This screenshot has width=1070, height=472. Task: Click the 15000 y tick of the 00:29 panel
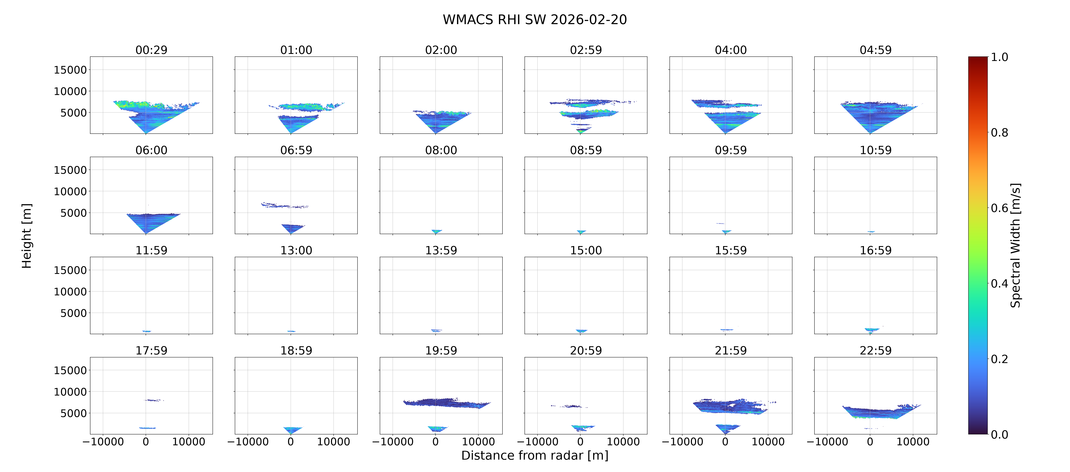[70, 70]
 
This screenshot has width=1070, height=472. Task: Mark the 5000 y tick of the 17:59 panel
[73, 413]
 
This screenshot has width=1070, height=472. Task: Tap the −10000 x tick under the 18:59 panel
[248, 442]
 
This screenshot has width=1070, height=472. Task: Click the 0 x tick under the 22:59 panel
[870, 442]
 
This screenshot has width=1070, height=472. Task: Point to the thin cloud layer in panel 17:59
[154, 400]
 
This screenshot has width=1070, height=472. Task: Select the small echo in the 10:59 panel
[871, 231]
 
